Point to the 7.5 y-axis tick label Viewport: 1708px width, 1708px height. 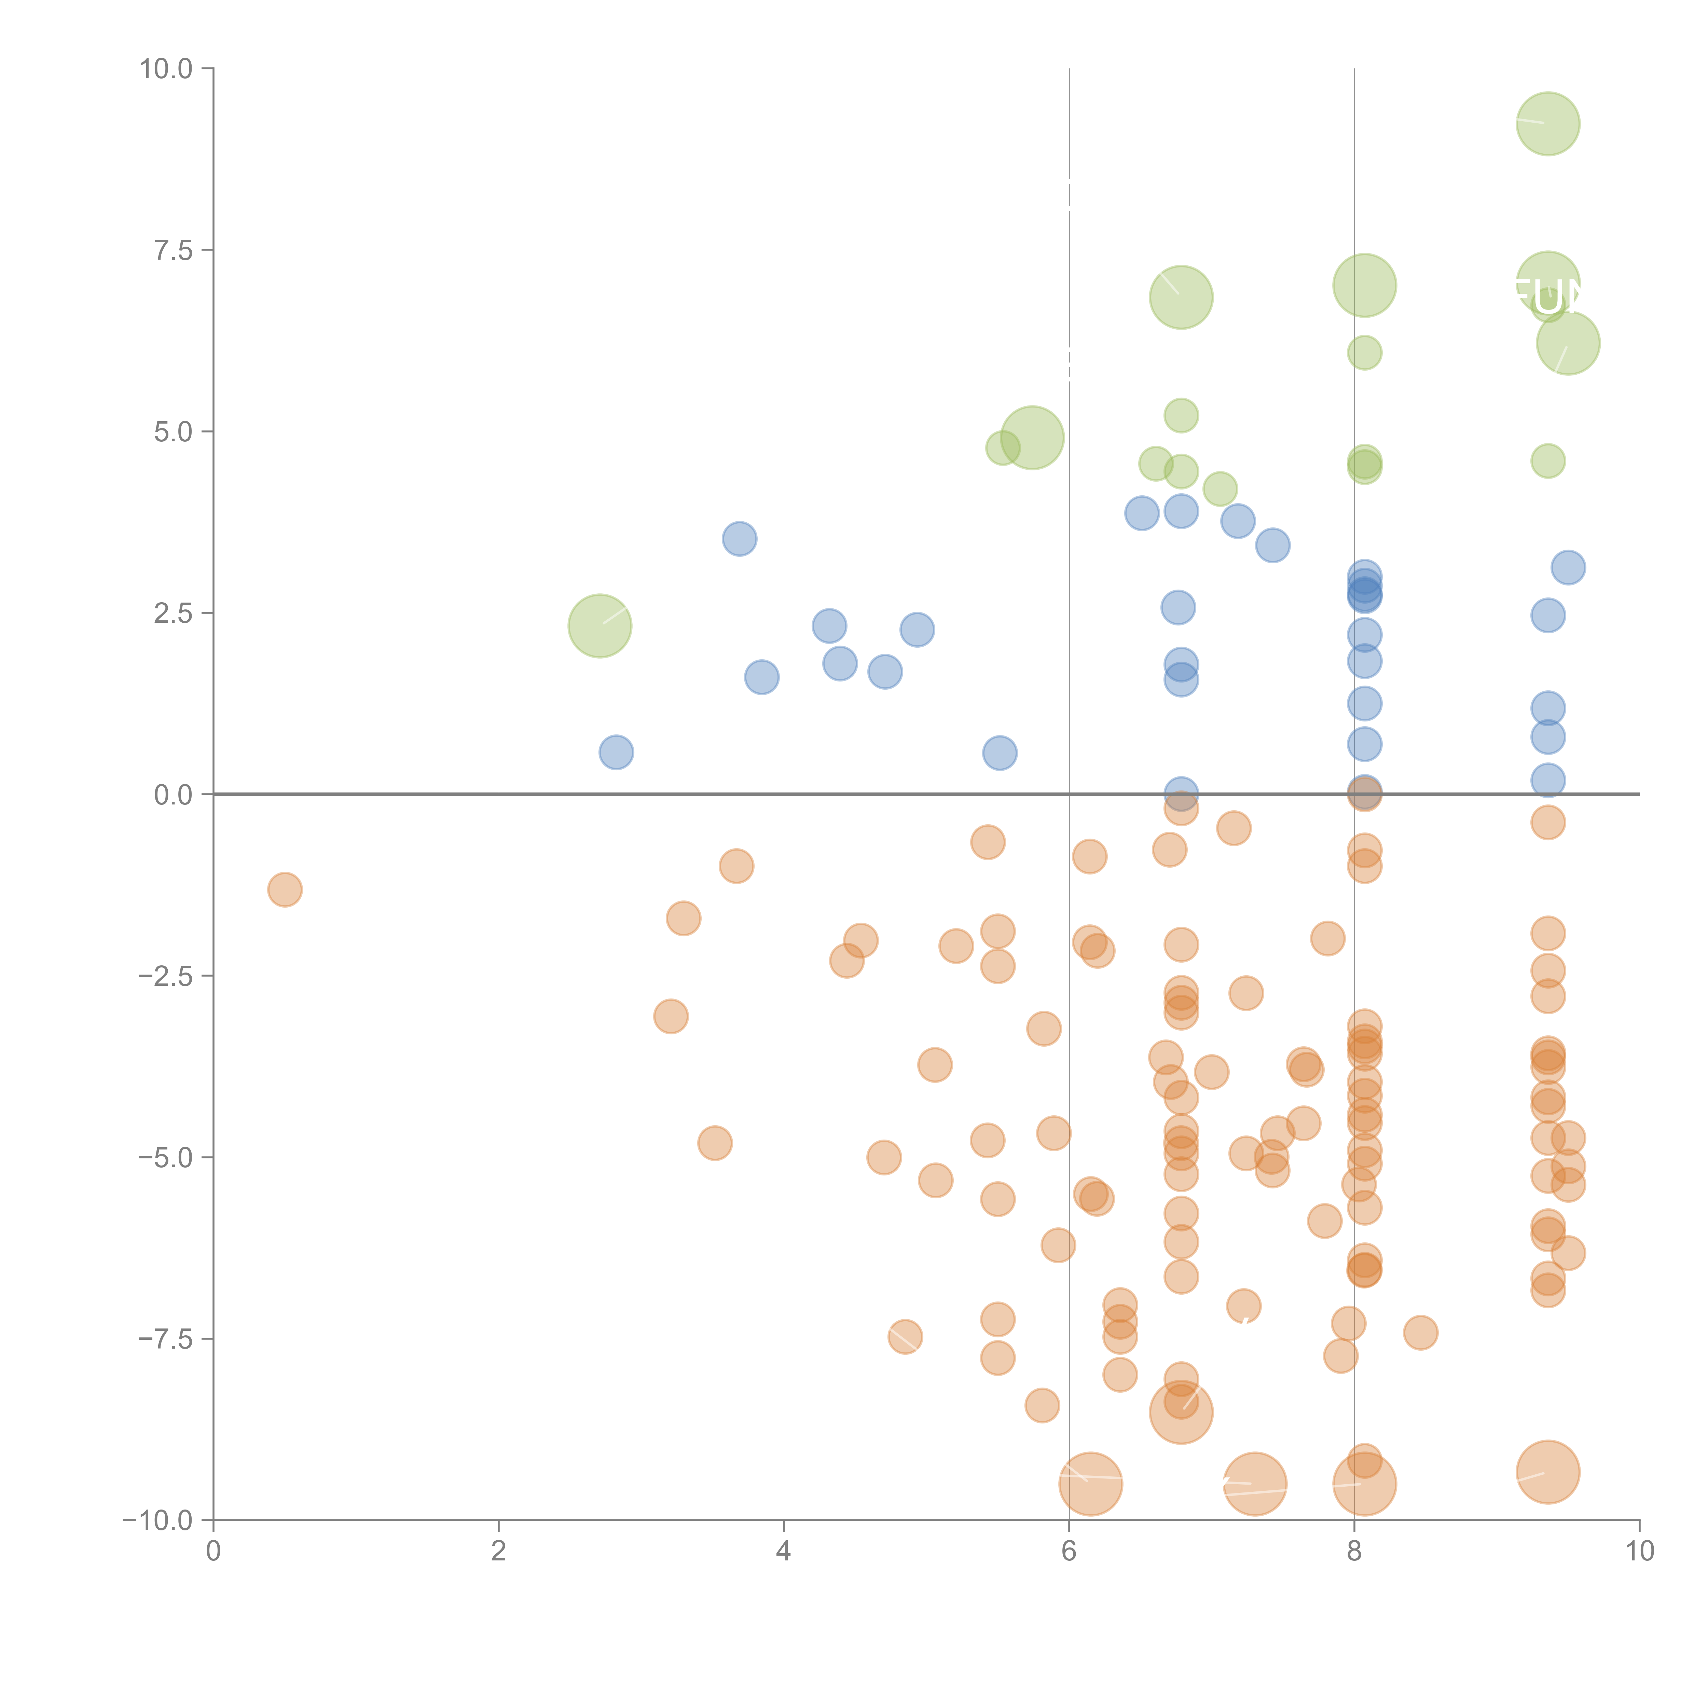(173, 250)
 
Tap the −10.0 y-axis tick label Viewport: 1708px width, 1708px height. (157, 1520)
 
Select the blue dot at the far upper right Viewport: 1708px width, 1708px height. (1568, 567)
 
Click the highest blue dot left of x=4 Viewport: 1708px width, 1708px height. (739, 538)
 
